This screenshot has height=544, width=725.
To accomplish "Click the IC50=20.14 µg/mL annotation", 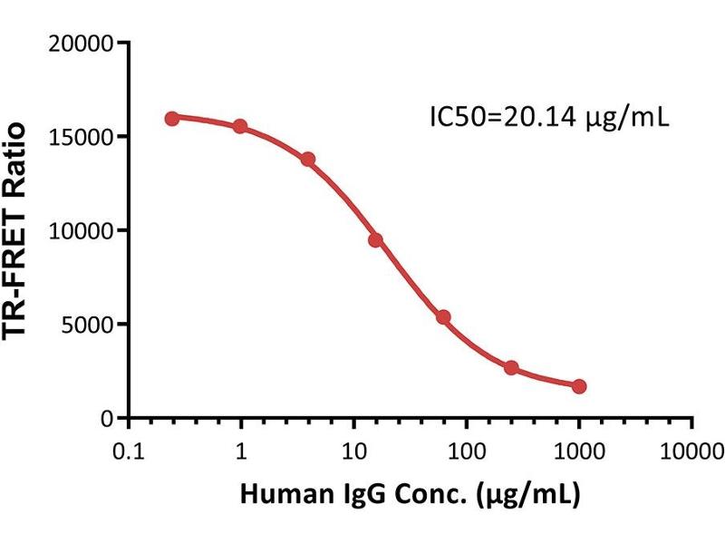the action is click(x=549, y=118).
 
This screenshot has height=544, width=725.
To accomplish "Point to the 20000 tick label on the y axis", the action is click(x=81, y=44).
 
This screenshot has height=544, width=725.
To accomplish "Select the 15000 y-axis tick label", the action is click(x=81, y=138).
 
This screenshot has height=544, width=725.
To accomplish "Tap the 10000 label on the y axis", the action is click(x=81, y=231).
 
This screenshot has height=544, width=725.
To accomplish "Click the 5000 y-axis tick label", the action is click(x=87, y=325).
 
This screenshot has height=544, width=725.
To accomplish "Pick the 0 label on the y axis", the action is click(x=107, y=419).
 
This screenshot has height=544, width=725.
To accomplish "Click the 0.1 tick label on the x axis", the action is click(x=129, y=451).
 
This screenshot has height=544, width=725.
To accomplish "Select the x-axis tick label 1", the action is click(x=241, y=451).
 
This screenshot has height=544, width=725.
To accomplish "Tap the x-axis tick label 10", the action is click(x=353, y=451).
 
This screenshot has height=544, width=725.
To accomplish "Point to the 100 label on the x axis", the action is click(x=467, y=451).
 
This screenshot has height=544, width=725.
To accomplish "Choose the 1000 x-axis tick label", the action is click(x=579, y=451).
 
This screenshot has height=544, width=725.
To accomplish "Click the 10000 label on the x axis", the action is click(x=691, y=451).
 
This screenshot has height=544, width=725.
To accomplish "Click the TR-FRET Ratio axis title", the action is click(x=14, y=231).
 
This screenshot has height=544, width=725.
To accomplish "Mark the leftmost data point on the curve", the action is click(x=172, y=119).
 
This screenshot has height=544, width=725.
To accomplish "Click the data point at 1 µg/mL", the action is click(x=240, y=126).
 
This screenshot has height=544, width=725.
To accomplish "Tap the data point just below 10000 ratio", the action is click(x=376, y=240).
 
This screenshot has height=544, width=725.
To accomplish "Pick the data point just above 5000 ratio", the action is click(x=444, y=316).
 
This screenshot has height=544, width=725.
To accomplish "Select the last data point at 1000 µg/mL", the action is click(x=579, y=386).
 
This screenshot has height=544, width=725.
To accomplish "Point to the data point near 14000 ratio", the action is click(x=308, y=160).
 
